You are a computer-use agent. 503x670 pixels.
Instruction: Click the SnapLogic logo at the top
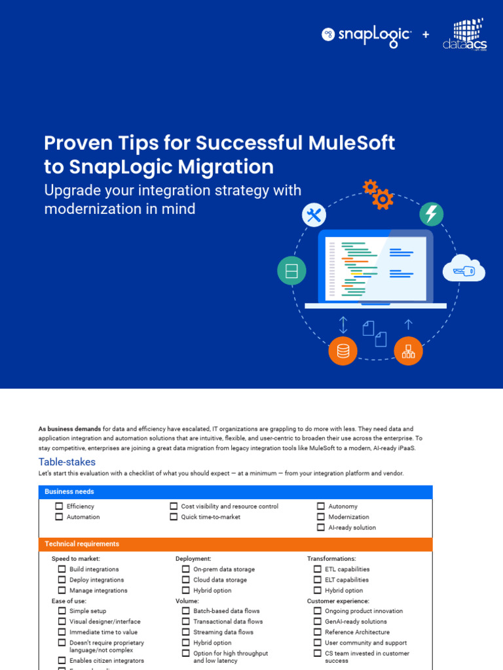pos(366,35)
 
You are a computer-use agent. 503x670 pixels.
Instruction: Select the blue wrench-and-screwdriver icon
pos(314,215)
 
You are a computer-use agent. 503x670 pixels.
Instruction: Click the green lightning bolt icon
pos(431,214)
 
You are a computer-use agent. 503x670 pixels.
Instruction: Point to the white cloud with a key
pos(464,269)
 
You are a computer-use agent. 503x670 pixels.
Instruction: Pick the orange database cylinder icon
pos(343,351)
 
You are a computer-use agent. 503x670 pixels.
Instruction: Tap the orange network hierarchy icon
pos(408,351)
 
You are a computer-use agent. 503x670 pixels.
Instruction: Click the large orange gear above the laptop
pos(382,198)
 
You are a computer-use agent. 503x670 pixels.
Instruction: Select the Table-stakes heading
pos(67,462)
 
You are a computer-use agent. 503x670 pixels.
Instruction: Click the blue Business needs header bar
pos(236,492)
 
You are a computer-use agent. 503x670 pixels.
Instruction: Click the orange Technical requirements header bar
pos(236,544)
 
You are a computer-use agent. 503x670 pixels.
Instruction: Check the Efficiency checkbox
pos(59,506)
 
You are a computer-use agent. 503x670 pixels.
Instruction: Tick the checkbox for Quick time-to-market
pos(174,517)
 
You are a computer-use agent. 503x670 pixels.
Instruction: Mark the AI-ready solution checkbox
pos(321,527)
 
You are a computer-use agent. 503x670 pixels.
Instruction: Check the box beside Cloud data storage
pos(186,580)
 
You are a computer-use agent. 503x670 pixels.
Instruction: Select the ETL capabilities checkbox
pos(318,569)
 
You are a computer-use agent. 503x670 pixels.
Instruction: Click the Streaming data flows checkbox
pos(186,632)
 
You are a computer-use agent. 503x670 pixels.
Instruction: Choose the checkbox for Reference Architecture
pos(318,632)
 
